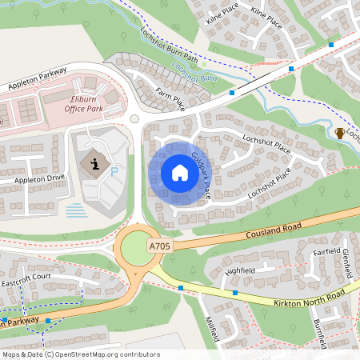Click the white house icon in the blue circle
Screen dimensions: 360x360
[180, 173]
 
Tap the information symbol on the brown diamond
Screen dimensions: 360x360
[95, 165]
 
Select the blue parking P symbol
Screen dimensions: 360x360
[115, 170]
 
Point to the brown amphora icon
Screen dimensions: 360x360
[340, 133]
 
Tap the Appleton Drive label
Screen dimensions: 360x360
[38, 179]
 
